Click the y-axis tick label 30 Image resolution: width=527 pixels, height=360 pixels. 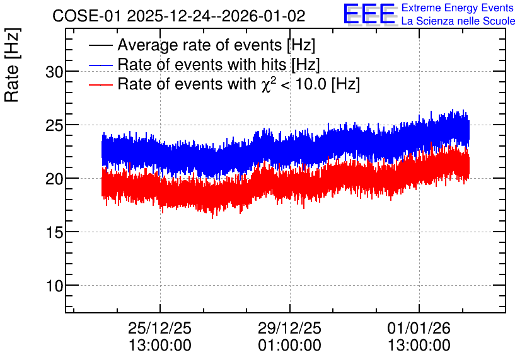pyautogui.click(x=54, y=72)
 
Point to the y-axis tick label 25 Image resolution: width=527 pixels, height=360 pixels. pyautogui.click(x=54, y=125)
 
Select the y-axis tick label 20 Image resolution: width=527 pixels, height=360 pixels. pyautogui.click(x=54, y=179)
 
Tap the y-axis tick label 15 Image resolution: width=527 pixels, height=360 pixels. pyautogui.click(x=54, y=232)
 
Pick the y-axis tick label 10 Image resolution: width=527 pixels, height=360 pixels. pyautogui.click(x=54, y=286)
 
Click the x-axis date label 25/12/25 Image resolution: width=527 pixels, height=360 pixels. pyautogui.click(x=159, y=328)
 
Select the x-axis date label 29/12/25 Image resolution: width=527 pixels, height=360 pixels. pyautogui.click(x=289, y=328)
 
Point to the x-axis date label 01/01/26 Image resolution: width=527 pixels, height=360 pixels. pyautogui.click(x=419, y=328)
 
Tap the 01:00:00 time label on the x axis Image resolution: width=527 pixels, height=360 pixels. pyautogui.click(x=289, y=346)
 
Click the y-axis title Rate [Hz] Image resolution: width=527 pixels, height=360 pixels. pyautogui.click(x=12, y=65)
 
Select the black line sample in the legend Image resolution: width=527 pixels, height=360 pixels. pyautogui.click(x=100, y=45)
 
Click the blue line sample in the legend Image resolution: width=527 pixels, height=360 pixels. pyautogui.click(x=100, y=65)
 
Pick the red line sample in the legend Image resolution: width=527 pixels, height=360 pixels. pyautogui.click(x=100, y=84)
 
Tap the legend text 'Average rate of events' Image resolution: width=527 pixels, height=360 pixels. pyautogui.click(x=200, y=45)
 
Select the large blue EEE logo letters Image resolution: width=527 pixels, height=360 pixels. pyautogui.click(x=369, y=14)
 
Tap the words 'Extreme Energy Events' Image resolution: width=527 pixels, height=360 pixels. pyautogui.click(x=458, y=8)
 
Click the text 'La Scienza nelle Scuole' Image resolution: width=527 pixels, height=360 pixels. pyautogui.click(x=458, y=21)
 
